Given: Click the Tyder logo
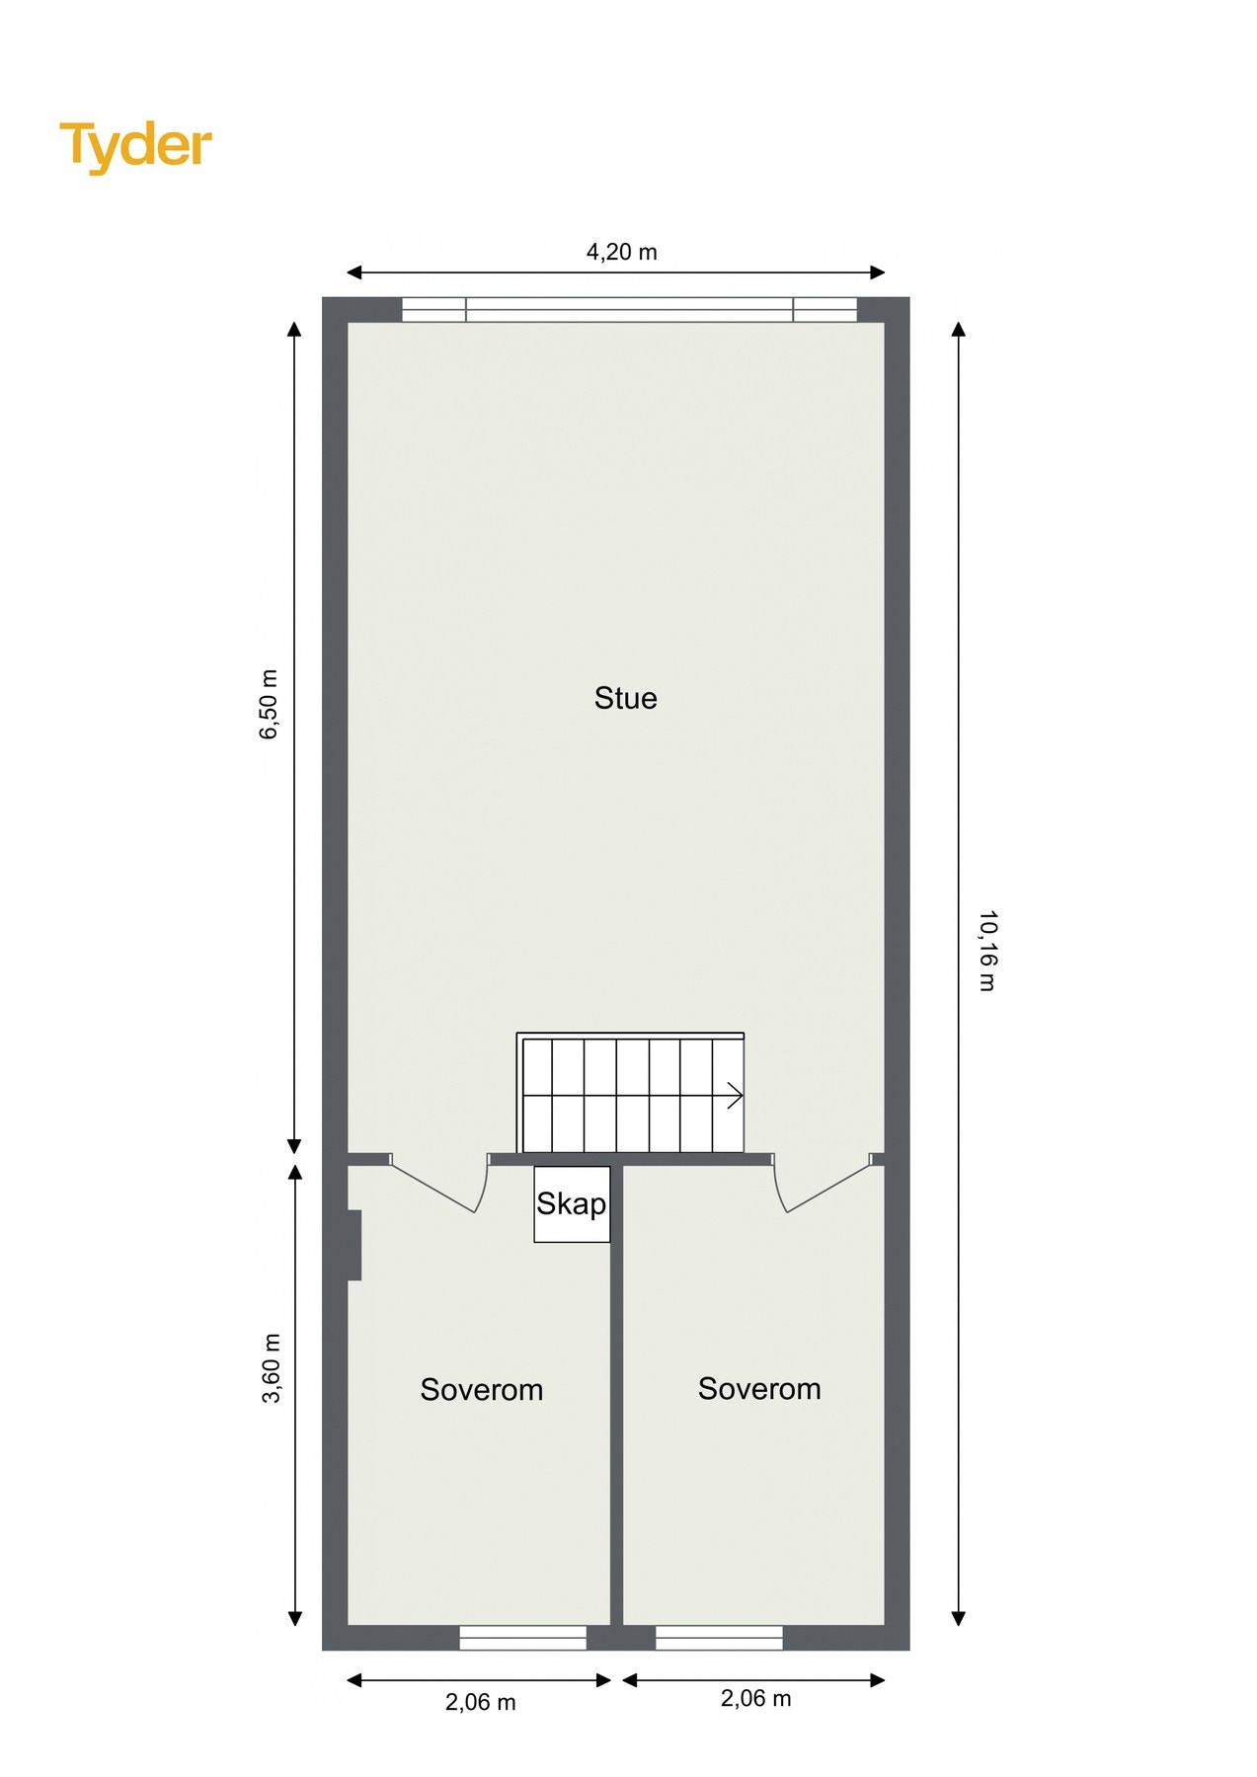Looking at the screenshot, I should coord(136,146).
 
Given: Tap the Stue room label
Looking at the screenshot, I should coord(625,698).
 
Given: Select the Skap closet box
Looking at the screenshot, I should coord(572,1203).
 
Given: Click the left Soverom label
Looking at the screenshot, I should coord(481,1389).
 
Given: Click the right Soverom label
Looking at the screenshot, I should coord(758,1388).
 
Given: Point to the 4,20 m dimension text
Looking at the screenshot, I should coord(621,252).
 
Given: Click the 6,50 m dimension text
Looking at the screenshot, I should coord(270,703).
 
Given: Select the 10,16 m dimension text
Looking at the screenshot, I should coord(986,950).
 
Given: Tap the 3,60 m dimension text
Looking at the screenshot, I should coord(272,1367).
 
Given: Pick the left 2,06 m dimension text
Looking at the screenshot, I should coord(480,1702).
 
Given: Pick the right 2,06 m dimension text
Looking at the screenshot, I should coord(755,1698).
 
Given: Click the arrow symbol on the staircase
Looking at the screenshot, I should coord(734,1095).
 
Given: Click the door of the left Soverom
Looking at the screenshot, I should coord(439,1190).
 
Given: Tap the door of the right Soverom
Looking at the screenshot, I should coord(825,1190).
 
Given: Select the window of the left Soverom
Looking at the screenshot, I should coord(522,1638).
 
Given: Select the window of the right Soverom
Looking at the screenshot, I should coord(719,1638).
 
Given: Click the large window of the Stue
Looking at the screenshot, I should coord(629,310).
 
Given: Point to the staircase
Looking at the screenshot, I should coord(630,1093).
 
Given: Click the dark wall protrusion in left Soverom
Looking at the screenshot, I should coord(354,1245).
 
